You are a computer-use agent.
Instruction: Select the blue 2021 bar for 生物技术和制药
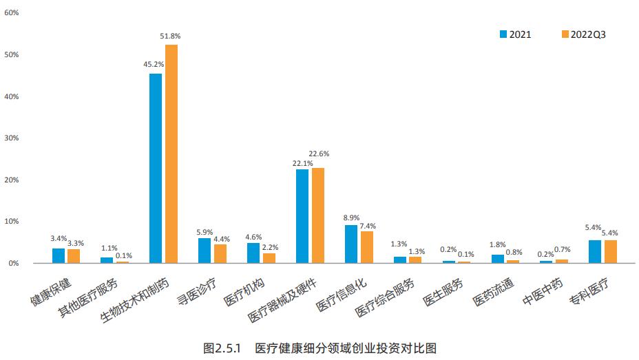click(x=156, y=168)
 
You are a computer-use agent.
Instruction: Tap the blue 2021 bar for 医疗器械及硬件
click(x=302, y=216)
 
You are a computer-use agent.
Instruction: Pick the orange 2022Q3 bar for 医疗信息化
click(x=367, y=247)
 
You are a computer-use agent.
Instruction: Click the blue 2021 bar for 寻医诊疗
click(x=205, y=251)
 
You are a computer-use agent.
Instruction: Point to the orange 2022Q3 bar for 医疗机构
click(x=269, y=258)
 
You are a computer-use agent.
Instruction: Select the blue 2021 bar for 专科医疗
click(x=595, y=251)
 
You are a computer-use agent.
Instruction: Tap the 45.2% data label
click(x=154, y=64)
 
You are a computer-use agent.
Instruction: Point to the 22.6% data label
click(x=319, y=153)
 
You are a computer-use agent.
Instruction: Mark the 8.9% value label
click(x=351, y=218)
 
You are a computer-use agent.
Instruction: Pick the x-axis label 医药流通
click(x=492, y=292)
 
